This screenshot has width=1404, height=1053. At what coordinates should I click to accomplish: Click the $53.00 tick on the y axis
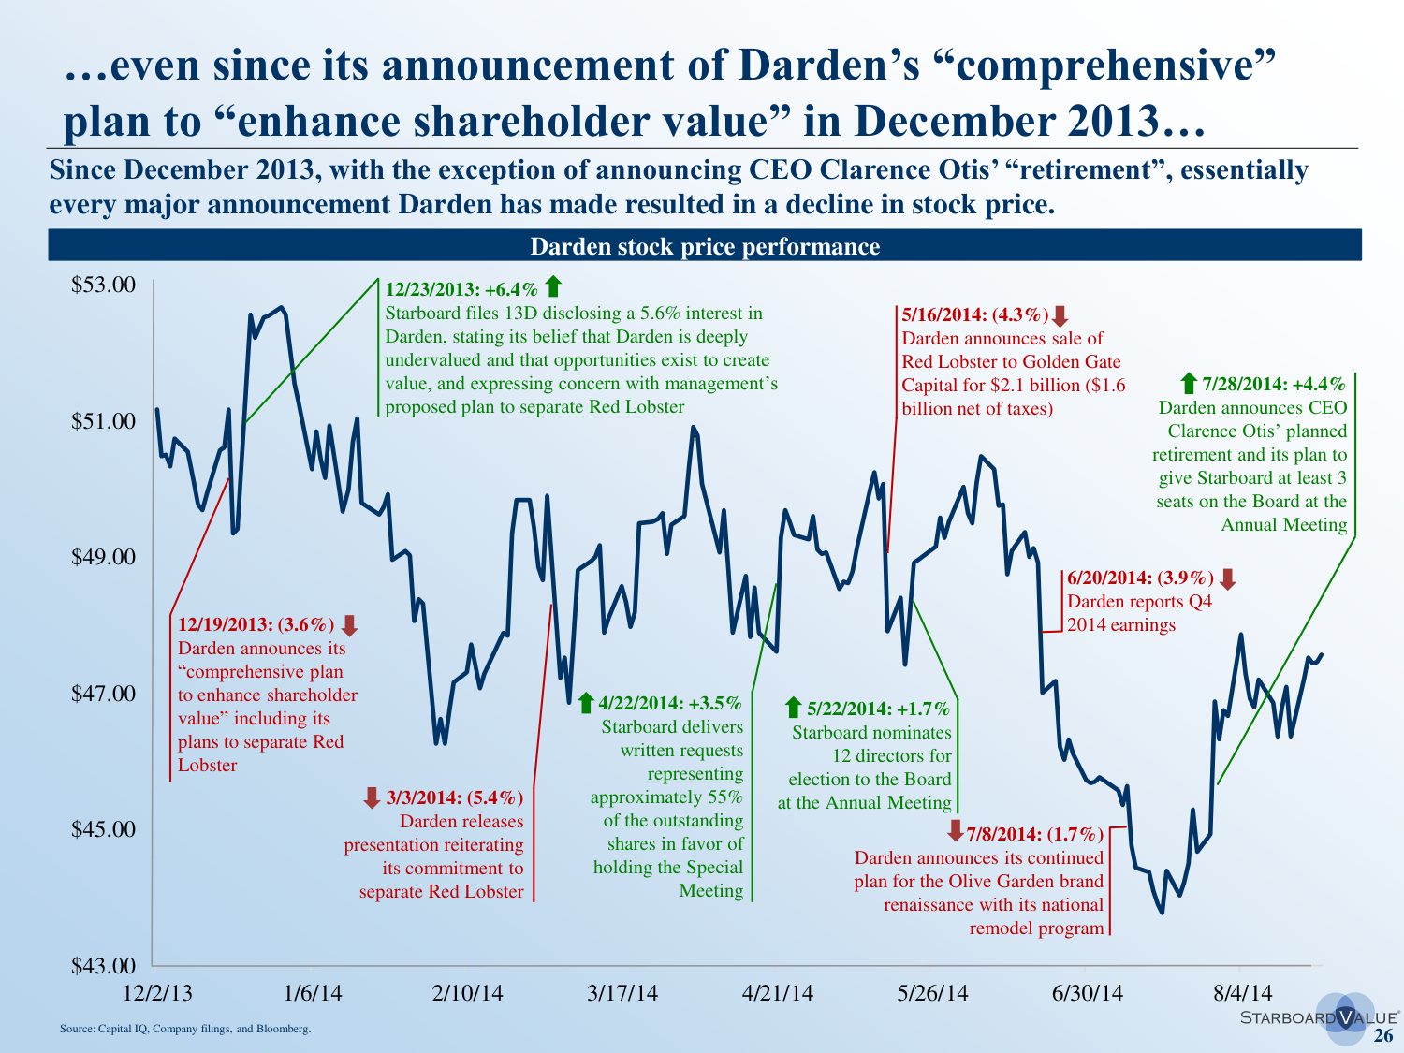click(104, 285)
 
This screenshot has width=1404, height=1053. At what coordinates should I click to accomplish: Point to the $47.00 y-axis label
click(104, 694)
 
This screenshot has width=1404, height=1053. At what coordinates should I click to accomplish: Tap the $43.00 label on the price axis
click(104, 965)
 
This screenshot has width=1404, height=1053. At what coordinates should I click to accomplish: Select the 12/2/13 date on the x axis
click(158, 993)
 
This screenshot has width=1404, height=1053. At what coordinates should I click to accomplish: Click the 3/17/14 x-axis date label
click(622, 993)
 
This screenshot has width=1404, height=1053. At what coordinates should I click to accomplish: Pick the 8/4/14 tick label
click(1243, 993)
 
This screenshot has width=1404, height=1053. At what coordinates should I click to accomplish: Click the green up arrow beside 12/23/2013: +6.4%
click(553, 286)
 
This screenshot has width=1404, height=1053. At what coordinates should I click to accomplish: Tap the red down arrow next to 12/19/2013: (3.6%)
click(349, 625)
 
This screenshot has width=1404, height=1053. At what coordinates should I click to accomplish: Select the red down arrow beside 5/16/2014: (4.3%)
click(1060, 316)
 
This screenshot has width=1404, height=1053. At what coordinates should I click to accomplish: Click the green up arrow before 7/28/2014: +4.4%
click(1189, 383)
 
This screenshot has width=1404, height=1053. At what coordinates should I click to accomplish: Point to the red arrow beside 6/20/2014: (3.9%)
click(1228, 578)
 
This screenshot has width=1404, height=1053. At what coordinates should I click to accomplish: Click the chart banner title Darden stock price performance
click(705, 246)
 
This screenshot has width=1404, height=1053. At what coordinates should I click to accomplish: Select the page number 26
click(1383, 1035)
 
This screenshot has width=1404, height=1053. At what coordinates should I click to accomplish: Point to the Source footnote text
click(185, 1029)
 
